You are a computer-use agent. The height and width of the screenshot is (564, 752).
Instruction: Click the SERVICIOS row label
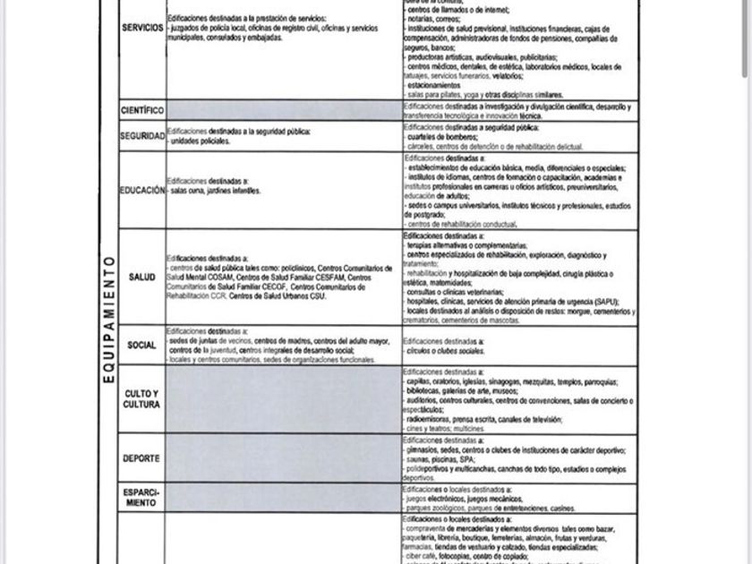coord(142,29)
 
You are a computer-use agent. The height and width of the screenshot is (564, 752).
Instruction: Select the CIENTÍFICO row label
coord(142,110)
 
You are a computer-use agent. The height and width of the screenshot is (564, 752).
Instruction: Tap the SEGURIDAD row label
coord(142,136)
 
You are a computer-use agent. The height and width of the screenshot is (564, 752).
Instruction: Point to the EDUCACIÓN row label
coord(142,190)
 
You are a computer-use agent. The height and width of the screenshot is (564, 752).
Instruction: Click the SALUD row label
coord(142,278)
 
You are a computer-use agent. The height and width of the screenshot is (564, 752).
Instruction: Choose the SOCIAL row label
coord(142,345)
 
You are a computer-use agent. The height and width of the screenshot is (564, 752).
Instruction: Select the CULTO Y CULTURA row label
coord(142,399)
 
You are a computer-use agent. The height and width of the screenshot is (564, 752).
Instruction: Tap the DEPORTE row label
coord(142,458)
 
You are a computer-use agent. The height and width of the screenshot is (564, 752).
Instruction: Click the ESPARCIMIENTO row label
coord(142,498)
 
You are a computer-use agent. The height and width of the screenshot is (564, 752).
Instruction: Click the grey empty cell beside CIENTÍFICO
coord(283,110)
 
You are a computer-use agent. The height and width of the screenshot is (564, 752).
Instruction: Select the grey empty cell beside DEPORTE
coord(283,458)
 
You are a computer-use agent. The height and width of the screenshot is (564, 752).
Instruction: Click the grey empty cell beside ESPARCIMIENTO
coord(283,498)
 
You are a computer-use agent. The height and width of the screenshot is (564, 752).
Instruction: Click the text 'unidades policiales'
coord(201,141)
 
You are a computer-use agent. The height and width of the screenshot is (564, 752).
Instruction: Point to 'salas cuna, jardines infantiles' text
coord(215,191)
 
